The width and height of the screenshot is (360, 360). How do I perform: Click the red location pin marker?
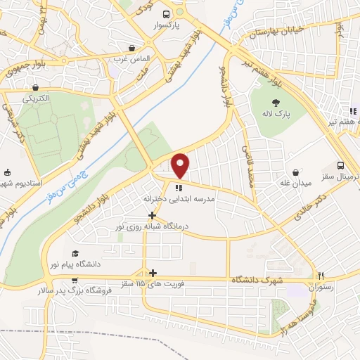[181, 165]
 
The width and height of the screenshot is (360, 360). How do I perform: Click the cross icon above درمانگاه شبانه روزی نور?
[152, 214]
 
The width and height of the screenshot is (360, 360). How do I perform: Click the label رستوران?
[321, 287]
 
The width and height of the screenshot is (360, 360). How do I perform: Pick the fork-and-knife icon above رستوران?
[320, 275]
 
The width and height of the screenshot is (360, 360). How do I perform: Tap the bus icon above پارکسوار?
[167, 13]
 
